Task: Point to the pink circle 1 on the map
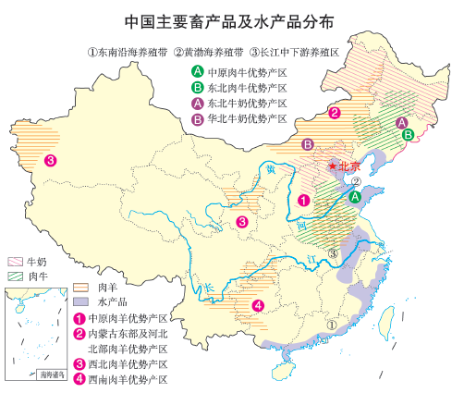304,198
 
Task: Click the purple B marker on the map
307,143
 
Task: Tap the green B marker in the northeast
408,134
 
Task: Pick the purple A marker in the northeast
400,122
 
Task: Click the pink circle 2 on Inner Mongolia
335,113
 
